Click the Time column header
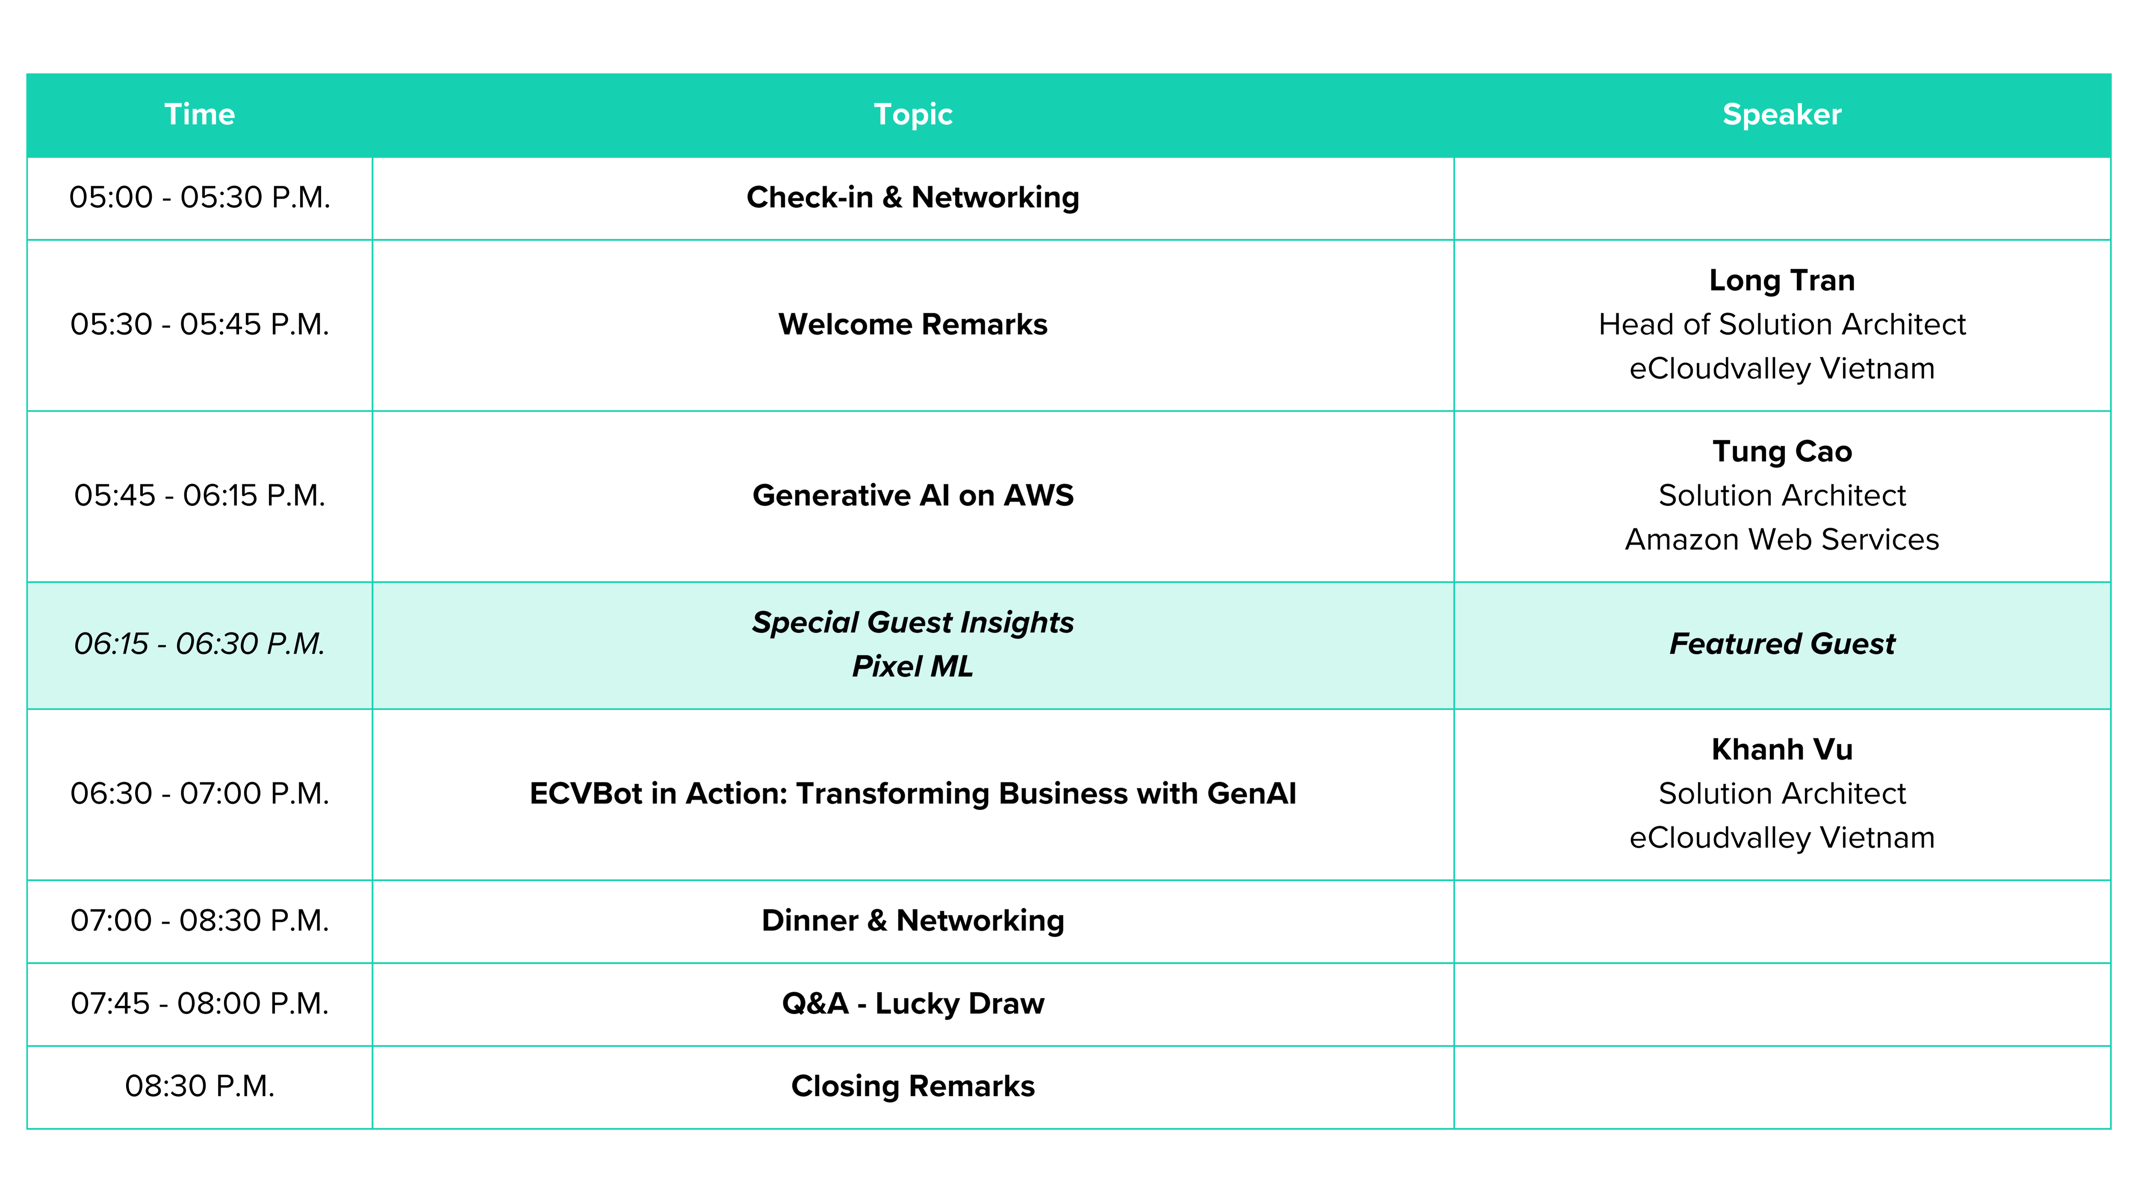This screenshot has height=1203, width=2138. tap(199, 115)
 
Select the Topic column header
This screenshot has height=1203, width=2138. tap(913, 115)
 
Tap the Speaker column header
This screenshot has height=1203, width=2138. tap(1782, 115)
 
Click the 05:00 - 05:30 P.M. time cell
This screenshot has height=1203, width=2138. tap(199, 198)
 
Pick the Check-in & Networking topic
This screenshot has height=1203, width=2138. tap(913, 198)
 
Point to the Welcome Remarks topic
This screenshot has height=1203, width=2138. tap(913, 325)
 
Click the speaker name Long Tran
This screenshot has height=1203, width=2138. tap(1782, 281)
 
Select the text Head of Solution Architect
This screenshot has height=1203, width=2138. tap(1782, 325)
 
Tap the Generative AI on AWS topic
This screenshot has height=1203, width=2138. tap(913, 496)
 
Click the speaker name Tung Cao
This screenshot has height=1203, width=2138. tap(1782, 452)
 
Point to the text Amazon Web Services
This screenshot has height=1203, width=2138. tap(1782, 539)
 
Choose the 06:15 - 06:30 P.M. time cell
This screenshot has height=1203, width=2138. tap(199, 644)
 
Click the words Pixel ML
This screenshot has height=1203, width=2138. tap(913, 667)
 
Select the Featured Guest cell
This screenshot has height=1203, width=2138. tap(1782, 644)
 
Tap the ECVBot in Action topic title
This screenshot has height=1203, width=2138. tap(913, 794)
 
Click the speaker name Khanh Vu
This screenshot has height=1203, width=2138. tap(1782, 750)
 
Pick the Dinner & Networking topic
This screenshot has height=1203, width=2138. tap(913, 921)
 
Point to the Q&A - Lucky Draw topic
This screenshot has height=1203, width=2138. tap(913, 1004)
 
